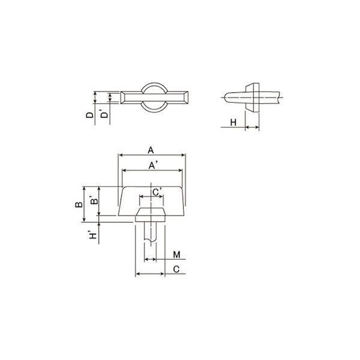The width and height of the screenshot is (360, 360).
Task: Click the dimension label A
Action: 151,151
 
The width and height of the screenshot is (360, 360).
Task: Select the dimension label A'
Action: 152,166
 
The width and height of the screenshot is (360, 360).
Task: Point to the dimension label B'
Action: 94,200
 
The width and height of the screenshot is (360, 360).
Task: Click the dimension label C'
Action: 157,193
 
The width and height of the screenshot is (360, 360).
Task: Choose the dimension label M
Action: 176,254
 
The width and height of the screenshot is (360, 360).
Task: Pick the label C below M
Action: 176,269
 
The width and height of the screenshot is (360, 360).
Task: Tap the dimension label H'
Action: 93,235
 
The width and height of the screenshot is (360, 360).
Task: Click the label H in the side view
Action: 233,122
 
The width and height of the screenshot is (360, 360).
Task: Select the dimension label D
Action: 90,115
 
